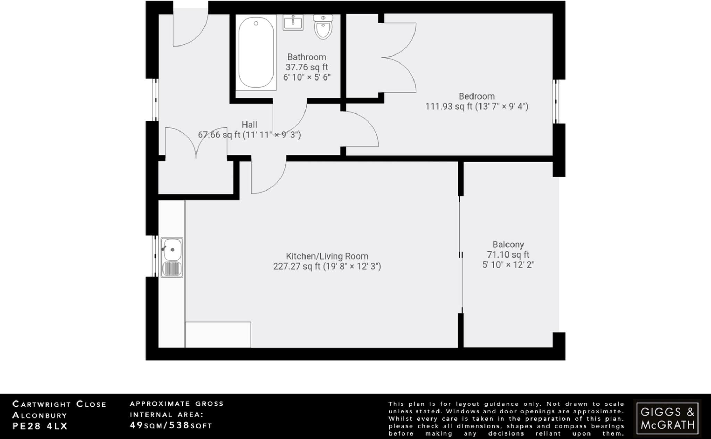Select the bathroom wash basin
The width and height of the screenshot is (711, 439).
(x=293, y=23)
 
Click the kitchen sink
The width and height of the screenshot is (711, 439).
(x=172, y=257)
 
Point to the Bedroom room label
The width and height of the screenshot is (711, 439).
(x=476, y=96)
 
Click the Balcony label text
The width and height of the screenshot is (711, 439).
(x=508, y=245)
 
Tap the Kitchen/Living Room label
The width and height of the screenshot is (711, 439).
(x=327, y=256)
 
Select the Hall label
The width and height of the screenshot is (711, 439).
(x=249, y=125)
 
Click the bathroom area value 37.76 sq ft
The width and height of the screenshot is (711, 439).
(x=307, y=67)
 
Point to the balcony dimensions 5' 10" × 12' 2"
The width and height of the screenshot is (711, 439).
(x=508, y=265)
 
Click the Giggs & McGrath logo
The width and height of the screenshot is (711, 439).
(x=667, y=418)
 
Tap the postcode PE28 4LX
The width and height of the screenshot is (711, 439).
(x=40, y=426)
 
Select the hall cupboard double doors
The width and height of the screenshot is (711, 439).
(x=196, y=142)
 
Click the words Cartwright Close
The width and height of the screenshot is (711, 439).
(x=59, y=404)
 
